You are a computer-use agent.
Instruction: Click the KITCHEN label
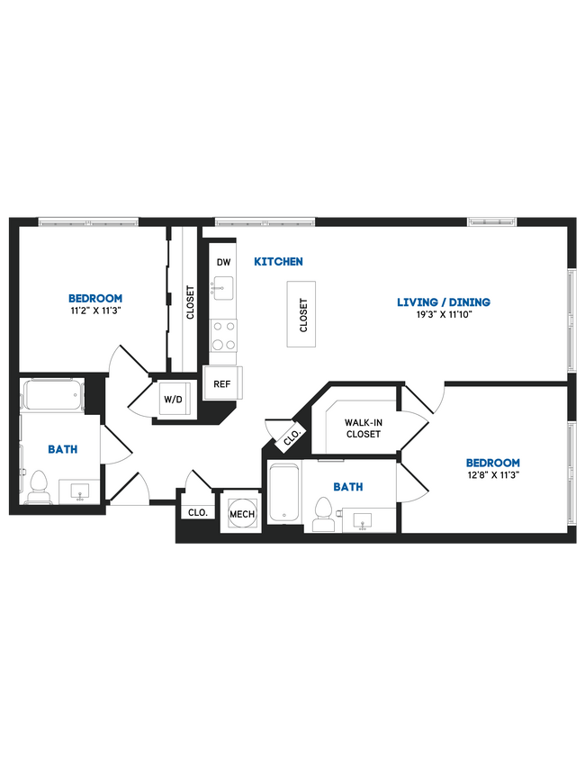(278, 262)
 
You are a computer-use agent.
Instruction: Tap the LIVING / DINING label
(445, 302)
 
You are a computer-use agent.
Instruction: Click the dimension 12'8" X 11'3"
(493, 476)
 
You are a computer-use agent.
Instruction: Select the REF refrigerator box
(220, 383)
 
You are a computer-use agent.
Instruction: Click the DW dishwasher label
(223, 262)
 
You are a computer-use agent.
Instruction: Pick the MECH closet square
(241, 513)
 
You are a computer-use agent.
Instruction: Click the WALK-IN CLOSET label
(363, 428)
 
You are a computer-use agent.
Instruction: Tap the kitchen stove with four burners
(223, 337)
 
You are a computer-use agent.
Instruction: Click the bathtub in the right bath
(283, 493)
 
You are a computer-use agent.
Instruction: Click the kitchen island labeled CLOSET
(303, 314)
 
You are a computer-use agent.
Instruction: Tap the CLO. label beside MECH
(198, 513)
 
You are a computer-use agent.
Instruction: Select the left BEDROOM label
(95, 298)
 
